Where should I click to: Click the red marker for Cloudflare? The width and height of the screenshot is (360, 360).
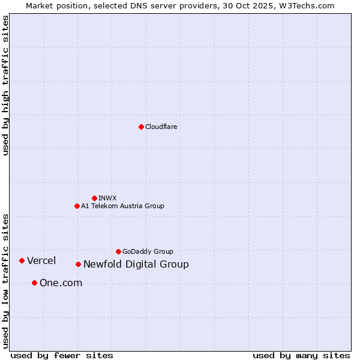click(x=141, y=127)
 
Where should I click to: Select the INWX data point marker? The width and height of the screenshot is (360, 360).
click(x=94, y=198)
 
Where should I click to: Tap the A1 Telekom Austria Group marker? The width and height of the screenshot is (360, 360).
click(x=77, y=206)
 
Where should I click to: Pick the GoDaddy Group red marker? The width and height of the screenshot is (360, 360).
click(x=118, y=251)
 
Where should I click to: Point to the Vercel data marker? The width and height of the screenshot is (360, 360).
click(x=22, y=260)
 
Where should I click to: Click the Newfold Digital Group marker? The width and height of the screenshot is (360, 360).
click(x=78, y=264)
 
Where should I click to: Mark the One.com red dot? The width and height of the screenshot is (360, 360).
click(x=34, y=283)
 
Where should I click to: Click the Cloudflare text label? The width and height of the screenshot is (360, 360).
click(x=161, y=127)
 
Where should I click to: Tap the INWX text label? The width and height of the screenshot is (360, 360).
click(x=107, y=198)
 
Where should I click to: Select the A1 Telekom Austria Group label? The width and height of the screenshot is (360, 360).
click(x=122, y=206)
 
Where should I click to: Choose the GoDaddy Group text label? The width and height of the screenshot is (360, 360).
click(x=148, y=251)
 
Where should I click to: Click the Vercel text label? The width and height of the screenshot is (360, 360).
click(x=41, y=260)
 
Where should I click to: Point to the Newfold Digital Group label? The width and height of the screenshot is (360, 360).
click(x=136, y=264)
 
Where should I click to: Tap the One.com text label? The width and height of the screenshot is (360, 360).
click(x=61, y=283)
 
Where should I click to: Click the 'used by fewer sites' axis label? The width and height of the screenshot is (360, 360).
click(x=62, y=355)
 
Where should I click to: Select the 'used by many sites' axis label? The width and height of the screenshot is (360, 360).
click(x=301, y=355)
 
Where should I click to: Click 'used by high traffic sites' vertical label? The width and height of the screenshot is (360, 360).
click(x=5, y=85)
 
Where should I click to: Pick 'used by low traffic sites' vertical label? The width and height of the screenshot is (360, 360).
click(x=5, y=280)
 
